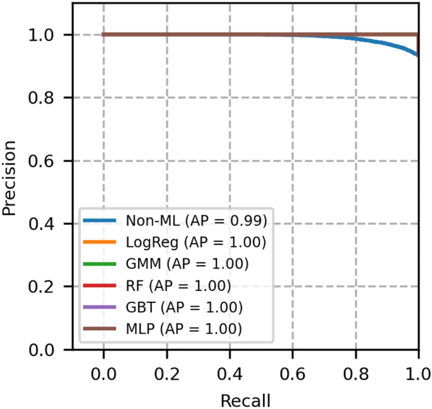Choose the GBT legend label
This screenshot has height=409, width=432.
(184, 307)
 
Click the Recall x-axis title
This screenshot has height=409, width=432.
(245, 400)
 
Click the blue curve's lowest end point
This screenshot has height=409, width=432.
(417, 56)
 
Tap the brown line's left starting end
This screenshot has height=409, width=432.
(103, 34)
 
